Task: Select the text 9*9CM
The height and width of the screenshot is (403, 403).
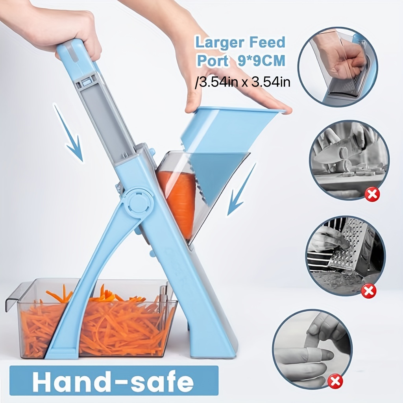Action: pos(261,61)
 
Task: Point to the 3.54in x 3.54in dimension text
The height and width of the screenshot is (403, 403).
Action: pos(242,82)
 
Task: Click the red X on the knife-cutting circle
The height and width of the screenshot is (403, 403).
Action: pos(372,194)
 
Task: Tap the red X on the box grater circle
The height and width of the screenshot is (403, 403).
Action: pos(368,291)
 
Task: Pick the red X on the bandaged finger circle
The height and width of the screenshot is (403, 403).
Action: pos(336,381)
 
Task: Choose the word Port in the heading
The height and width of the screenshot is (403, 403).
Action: pos(213,61)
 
